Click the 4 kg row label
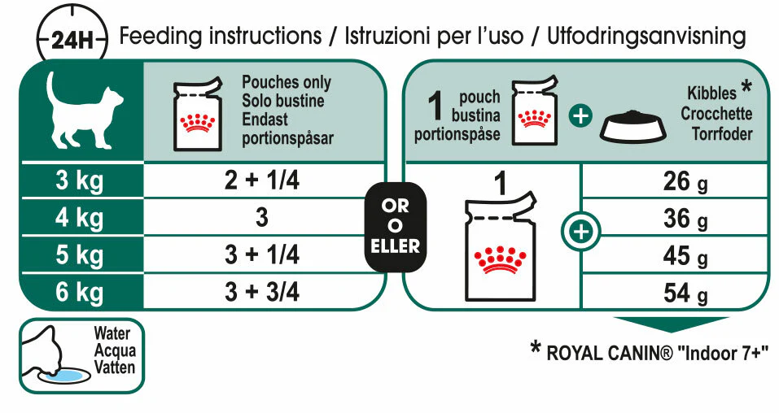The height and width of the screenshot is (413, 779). point(80,219)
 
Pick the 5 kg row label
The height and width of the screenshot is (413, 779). point(80,255)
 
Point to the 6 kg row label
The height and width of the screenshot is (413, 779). point(80,292)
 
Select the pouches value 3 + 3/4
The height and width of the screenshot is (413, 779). point(262,292)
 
